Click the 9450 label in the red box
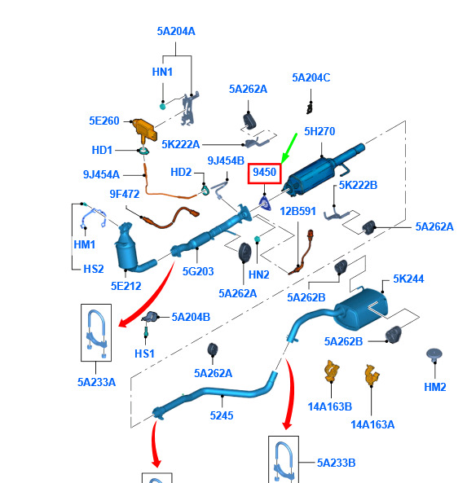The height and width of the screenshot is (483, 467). pyautogui.click(x=265, y=172)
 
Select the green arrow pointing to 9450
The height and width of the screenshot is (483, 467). pyautogui.click(x=289, y=148)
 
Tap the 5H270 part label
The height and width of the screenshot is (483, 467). pyautogui.click(x=319, y=131)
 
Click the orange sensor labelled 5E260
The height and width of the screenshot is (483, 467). pyautogui.click(x=143, y=130)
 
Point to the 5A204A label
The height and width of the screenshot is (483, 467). pyautogui.click(x=176, y=31)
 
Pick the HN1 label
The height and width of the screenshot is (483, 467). pyautogui.click(x=162, y=72)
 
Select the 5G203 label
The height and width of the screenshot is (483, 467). pyautogui.click(x=198, y=271)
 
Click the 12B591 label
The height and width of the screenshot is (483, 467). pyautogui.click(x=297, y=211)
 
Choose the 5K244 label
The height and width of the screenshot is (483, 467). pyautogui.click(x=408, y=279)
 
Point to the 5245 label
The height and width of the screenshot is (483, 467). pyautogui.click(x=222, y=415)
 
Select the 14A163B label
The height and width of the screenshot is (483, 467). pyautogui.click(x=329, y=406)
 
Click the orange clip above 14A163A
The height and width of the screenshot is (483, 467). pyautogui.click(x=372, y=375)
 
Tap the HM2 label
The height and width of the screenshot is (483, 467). pyautogui.click(x=435, y=387)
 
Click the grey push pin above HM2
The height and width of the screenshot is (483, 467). pyautogui.click(x=434, y=355)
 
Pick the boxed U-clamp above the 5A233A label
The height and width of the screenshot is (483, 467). pyautogui.click(x=96, y=332)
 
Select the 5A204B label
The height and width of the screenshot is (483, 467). pyautogui.click(x=191, y=317)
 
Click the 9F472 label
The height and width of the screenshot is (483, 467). pyautogui.click(x=125, y=194)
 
